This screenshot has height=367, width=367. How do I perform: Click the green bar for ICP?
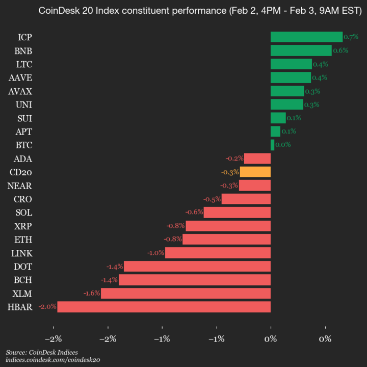(x=306, y=37)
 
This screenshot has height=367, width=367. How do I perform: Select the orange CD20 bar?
(x=255, y=172)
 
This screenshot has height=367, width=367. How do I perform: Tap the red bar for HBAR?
(x=164, y=307)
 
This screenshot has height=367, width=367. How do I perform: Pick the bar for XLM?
(x=186, y=293)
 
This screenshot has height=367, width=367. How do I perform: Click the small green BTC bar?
(x=272, y=145)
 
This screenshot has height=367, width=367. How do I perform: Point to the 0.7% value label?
(x=351, y=37)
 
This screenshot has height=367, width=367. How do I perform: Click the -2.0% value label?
(x=47, y=307)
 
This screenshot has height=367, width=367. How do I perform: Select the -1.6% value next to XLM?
(x=92, y=294)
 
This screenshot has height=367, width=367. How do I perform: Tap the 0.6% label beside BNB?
(x=340, y=50)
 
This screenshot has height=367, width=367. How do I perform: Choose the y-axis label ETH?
(x=24, y=240)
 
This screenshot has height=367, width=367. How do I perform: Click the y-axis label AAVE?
(x=20, y=77)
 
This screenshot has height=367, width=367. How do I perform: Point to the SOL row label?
(x=24, y=213)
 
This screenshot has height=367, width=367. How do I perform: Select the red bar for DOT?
(x=197, y=266)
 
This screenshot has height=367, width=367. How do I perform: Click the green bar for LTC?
(x=291, y=64)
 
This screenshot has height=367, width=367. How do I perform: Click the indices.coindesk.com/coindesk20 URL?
(x=53, y=360)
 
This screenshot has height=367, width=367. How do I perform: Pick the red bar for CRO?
(x=246, y=199)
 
